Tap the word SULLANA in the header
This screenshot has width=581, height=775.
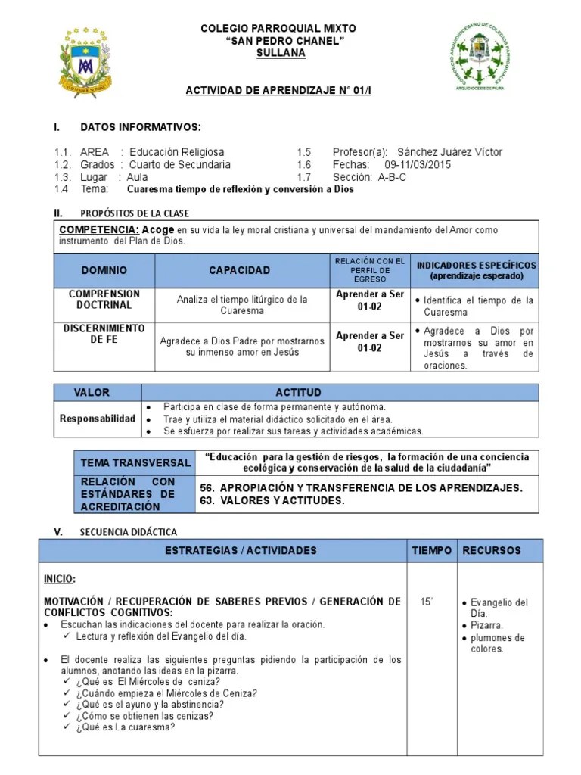click(281, 54)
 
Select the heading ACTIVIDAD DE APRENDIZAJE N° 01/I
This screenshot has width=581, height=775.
click(279, 91)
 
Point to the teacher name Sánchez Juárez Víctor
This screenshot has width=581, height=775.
click(449, 152)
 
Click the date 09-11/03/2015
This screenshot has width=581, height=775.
click(418, 165)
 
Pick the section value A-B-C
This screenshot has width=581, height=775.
click(392, 177)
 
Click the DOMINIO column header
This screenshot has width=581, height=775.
click(104, 270)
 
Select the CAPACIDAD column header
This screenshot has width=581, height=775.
click(239, 270)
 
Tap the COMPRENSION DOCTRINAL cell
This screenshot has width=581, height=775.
click(104, 300)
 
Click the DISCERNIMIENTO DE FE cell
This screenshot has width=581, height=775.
click(104, 334)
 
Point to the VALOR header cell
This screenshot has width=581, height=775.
click(92, 393)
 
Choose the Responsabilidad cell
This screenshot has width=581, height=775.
click(98, 419)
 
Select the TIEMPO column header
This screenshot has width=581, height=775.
click(431, 550)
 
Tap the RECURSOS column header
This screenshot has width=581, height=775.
click(492, 550)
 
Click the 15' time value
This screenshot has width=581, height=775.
click(427, 602)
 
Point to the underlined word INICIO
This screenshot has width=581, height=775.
click(59, 579)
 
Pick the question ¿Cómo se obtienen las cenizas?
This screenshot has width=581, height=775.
click(144, 716)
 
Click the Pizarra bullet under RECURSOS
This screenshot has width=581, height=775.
click(486, 626)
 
